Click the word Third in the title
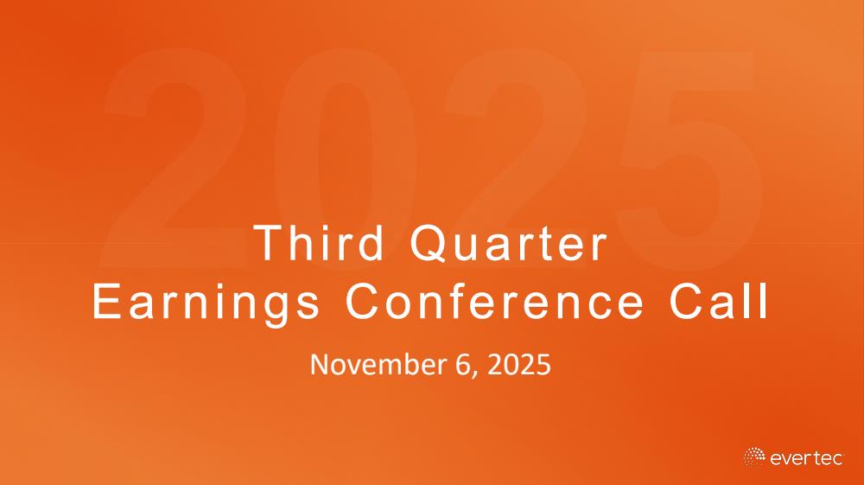(x=319, y=242)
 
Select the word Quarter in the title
(x=509, y=244)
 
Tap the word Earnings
(x=206, y=303)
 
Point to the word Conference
(x=495, y=301)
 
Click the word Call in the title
(x=719, y=301)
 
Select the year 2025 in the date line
(x=519, y=365)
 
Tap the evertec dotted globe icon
(x=754, y=457)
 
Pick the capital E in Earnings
(x=105, y=301)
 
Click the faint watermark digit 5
(x=689, y=160)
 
